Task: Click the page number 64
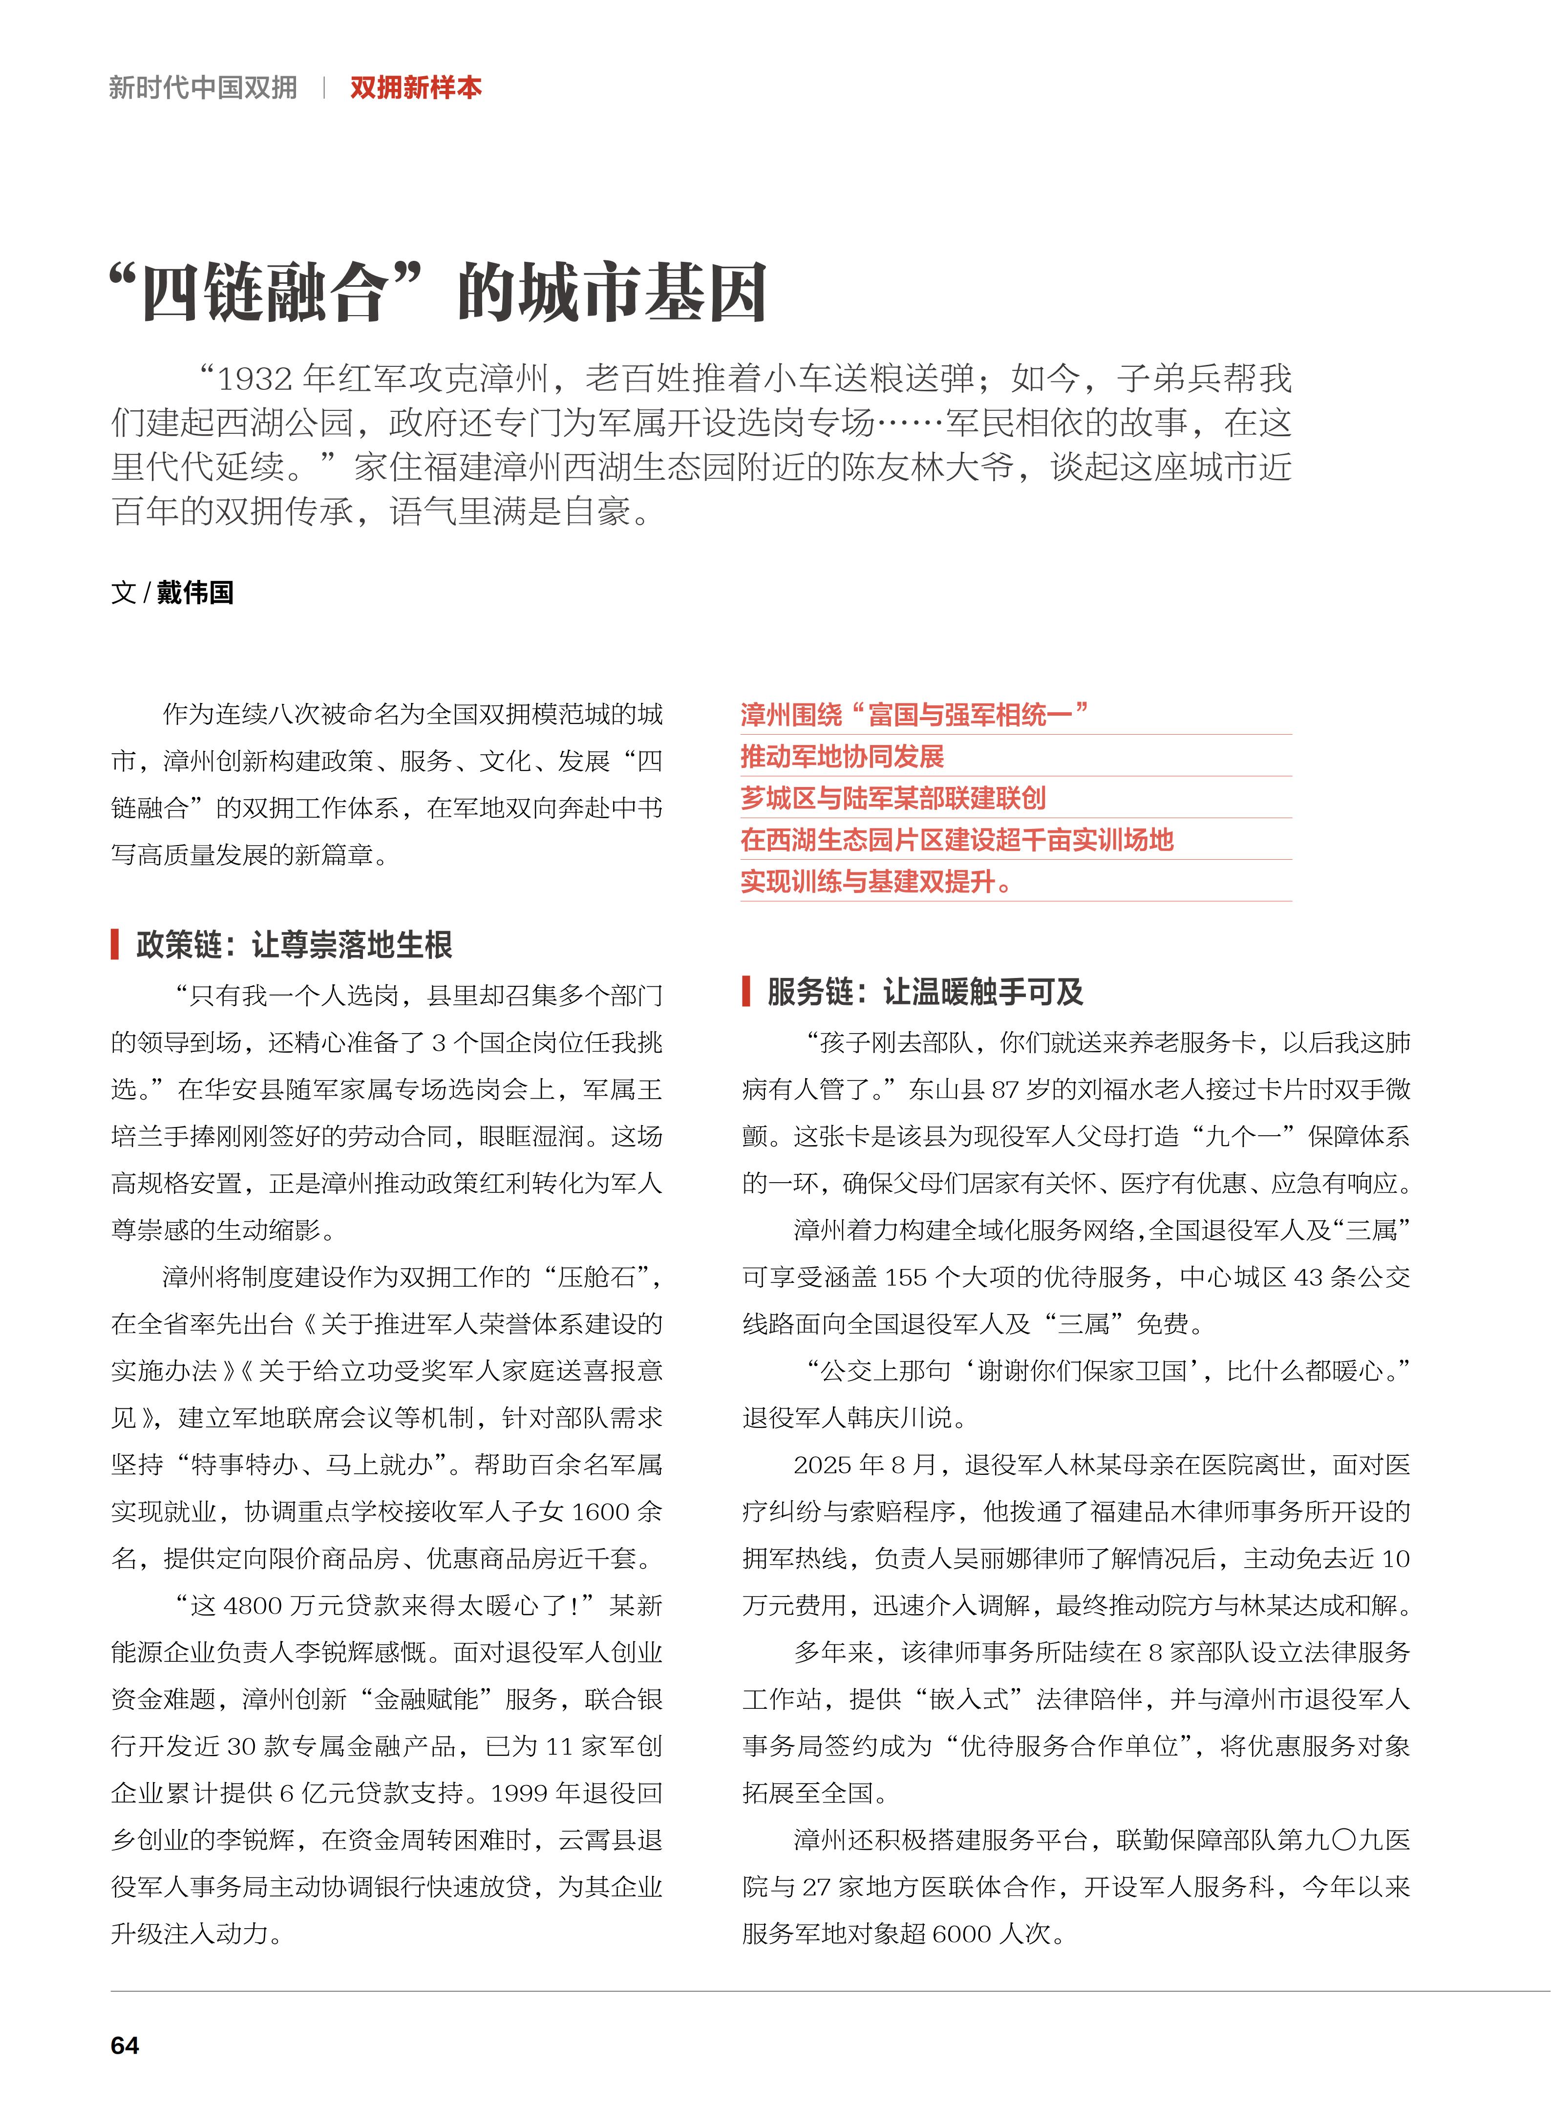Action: coord(125,2045)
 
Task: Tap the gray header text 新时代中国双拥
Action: coord(203,88)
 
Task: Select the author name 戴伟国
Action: coord(195,593)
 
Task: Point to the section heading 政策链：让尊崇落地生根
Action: coord(294,944)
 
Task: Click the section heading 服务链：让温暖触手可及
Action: coord(925,992)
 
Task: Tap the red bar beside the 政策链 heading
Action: coord(114,944)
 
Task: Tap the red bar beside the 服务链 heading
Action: coord(746,992)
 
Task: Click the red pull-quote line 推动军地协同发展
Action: coord(842,757)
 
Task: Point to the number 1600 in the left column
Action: coord(601,1511)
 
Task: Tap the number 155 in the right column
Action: coord(906,1277)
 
